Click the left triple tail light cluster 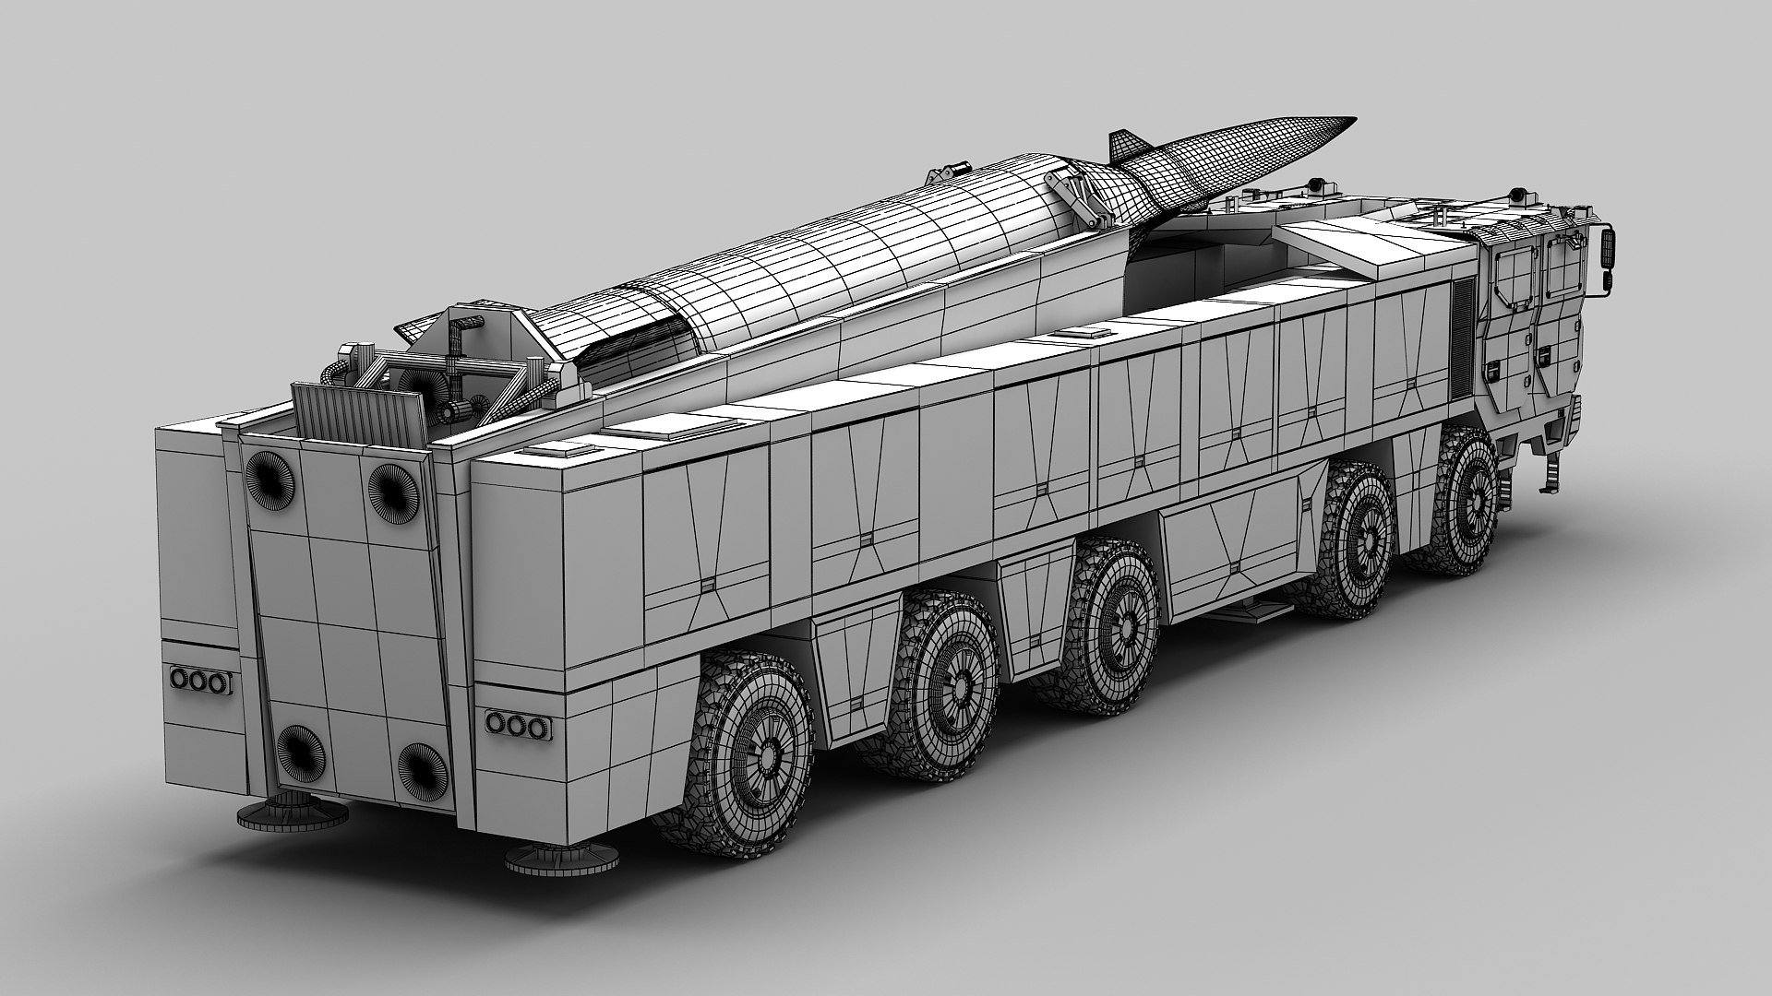pyautogui.click(x=198, y=681)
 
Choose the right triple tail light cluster pyautogui.click(x=514, y=724)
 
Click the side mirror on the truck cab pyautogui.click(x=1607, y=248)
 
